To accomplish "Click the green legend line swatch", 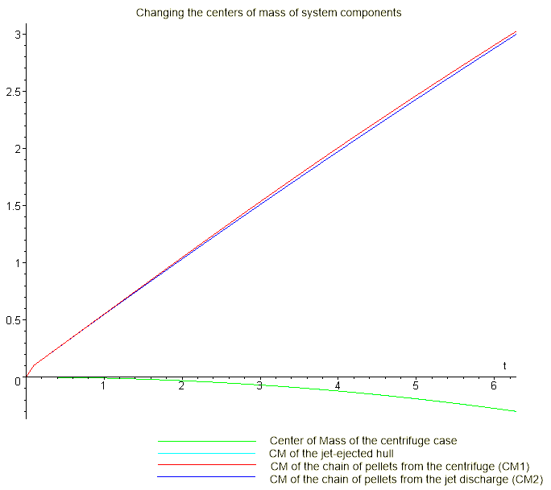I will [206, 442].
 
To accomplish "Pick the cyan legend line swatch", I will [206, 454].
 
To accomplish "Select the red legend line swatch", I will [206, 467].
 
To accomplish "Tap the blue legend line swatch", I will [206, 479].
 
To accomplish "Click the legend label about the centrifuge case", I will [362, 441].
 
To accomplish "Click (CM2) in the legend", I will [528, 480].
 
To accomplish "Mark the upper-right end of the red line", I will [516, 32].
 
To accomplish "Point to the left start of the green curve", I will [58, 377].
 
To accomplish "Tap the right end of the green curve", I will [516, 411].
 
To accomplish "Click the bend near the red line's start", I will [35, 364].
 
